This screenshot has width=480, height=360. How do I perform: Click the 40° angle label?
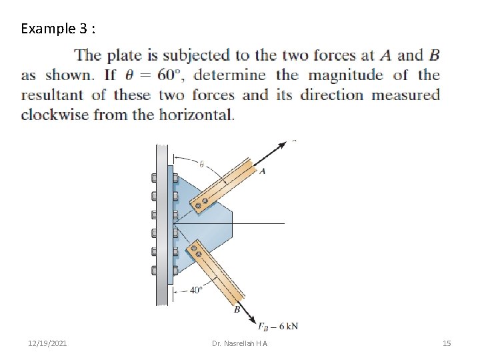coord(196,290)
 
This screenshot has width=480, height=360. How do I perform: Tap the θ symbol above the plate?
coord(201,164)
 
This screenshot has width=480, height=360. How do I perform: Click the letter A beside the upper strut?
coord(263,171)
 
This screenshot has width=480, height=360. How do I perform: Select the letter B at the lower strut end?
coord(237,309)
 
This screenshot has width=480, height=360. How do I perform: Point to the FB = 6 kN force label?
coord(277,326)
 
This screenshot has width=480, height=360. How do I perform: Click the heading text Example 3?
coord(58,29)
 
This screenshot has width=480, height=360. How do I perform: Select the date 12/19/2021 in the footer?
coord(47,343)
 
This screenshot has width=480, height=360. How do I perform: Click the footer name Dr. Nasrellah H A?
coord(239,343)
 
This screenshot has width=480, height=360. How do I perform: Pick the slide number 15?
coord(447,343)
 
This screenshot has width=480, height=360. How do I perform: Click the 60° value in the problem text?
coord(171,75)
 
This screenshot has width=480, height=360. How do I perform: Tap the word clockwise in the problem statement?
coord(54,115)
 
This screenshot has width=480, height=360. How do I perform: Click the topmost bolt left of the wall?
coord(154,179)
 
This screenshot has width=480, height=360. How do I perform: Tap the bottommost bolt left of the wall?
coord(154,270)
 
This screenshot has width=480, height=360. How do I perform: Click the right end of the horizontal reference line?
coord(284,224)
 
